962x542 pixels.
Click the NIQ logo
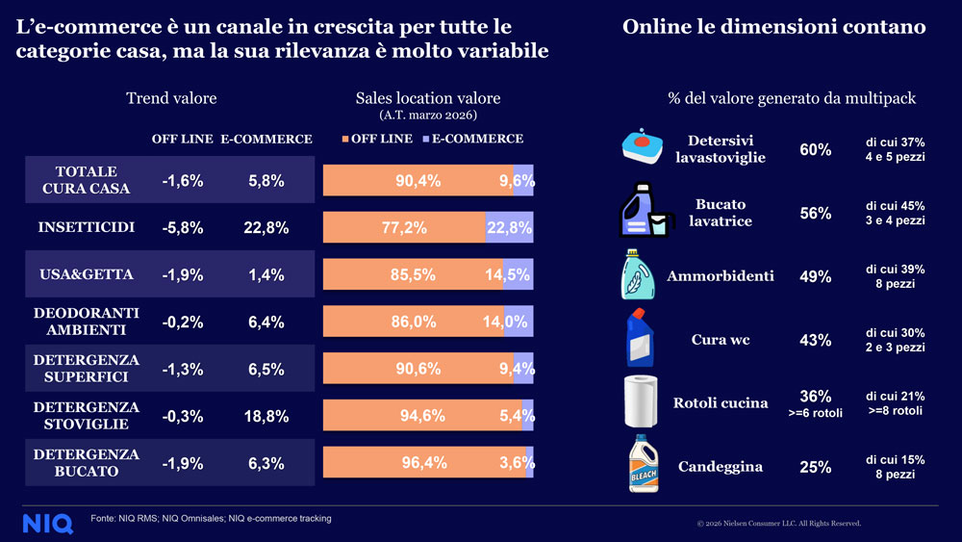click(47, 523)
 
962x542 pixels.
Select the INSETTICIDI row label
click(87, 228)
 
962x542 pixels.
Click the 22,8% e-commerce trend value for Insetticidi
click(266, 228)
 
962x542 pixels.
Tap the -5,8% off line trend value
click(183, 228)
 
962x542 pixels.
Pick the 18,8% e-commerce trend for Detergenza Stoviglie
click(266, 416)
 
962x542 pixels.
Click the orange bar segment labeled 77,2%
click(404, 228)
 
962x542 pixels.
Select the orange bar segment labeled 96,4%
click(423, 463)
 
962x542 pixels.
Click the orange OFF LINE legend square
click(344, 140)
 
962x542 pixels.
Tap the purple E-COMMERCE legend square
click(424, 140)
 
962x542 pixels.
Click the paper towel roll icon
click(643, 401)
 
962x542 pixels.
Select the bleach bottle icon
click(643, 464)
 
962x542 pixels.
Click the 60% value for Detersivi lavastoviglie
click(815, 149)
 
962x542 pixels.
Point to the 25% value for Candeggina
click(815, 467)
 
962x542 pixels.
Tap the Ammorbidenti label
click(720, 276)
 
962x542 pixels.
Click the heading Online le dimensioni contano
click(773, 27)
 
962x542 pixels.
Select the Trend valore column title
click(171, 98)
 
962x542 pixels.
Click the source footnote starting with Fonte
click(212, 519)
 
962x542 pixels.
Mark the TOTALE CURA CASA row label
click(87, 180)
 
